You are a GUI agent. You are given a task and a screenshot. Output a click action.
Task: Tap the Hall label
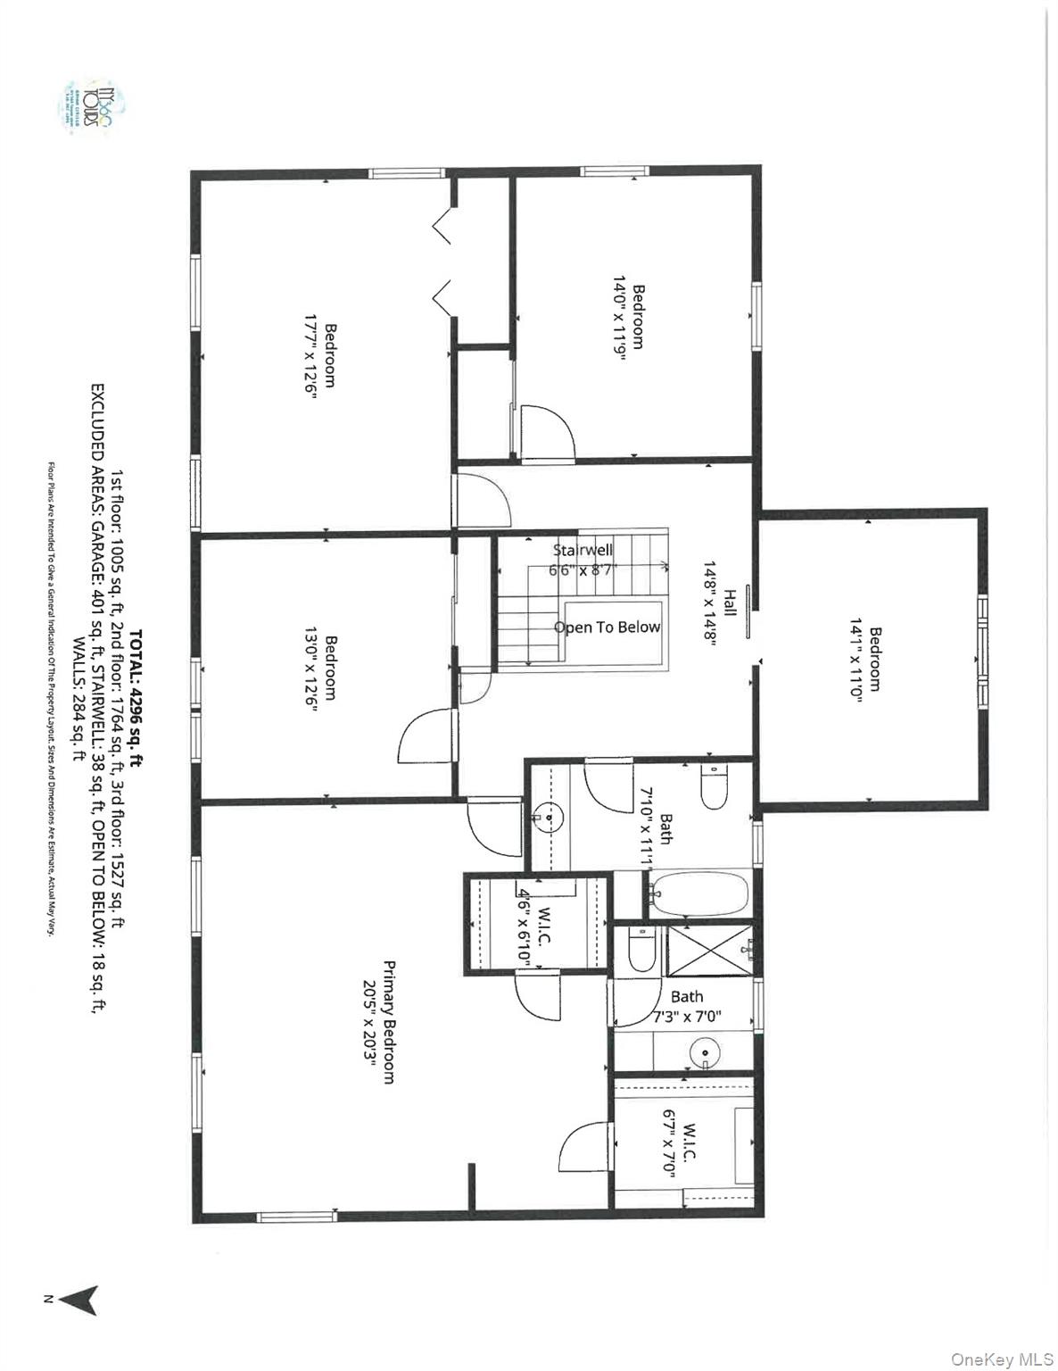pyautogui.click(x=730, y=602)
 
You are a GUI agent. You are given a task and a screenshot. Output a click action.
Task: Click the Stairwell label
pyautogui.click(x=583, y=550)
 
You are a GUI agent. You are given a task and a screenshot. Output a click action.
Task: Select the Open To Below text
pyautogui.click(x=607, y=627)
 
